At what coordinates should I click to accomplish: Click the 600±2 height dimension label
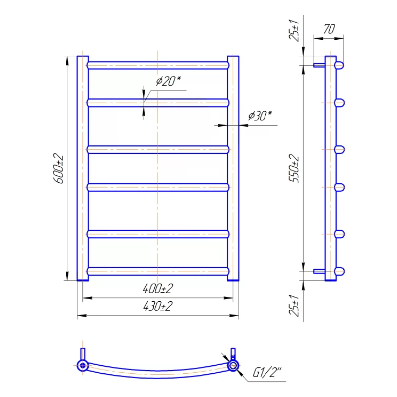(x=59, y=168)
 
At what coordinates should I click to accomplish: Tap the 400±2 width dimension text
(x=158, y=289)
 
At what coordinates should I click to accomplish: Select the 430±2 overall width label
(x=158, y=306)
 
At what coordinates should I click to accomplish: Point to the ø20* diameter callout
(x=168, y=81)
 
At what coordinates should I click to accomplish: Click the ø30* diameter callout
(x=260, y=116)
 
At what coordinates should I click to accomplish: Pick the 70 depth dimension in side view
(x=329, y=29)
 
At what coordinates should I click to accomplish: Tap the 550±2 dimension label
(x=294, y=168)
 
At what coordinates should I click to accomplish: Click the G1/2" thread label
(x=267, y=373)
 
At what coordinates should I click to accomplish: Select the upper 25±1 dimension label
(x=294, y=30)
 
